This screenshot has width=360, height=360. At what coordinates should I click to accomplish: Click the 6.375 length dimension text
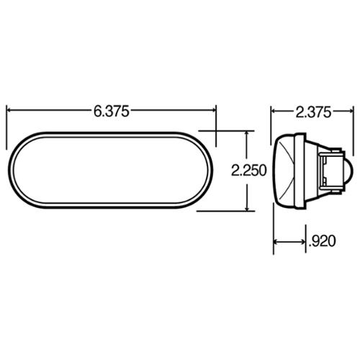pos(112,112)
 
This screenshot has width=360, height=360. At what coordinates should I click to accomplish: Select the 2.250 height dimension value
pos(248,171)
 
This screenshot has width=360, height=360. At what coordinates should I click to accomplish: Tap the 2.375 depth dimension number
pos(313,112)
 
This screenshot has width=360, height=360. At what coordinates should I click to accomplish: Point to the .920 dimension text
pos(322,241)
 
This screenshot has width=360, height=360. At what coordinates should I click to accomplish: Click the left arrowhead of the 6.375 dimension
pos(9,110)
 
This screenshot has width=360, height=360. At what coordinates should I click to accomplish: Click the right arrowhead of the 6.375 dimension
pos(214,110)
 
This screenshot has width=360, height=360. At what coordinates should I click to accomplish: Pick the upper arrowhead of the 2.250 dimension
pos(247,133)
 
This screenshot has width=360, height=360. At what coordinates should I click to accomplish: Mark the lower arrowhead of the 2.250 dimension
pos(247,209)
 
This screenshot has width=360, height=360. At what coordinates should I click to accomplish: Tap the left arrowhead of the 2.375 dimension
pos(274,111)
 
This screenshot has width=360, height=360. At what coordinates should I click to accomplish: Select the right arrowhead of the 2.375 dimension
pos(351,111)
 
